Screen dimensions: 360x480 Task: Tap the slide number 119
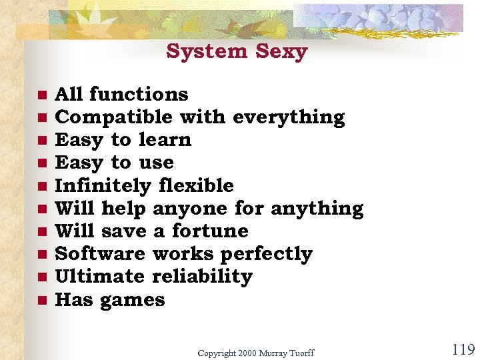click(x=463, y=349)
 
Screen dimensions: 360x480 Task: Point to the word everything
click(x=289, y=117)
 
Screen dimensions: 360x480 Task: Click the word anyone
click(x=190, y=209)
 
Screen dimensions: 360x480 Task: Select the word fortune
click(x=209, y=231)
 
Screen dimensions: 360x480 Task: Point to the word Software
click(x=99, y=254)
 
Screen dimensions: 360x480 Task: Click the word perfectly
click(x=266, y=254)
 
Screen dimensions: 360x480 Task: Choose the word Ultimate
click(x=99, y=277)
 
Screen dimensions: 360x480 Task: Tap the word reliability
click(x=203, y=277)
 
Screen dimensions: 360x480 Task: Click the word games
click(x=133, y=300)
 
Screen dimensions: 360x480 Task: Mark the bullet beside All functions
click(x=41, y=95)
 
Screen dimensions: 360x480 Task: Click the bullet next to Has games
click(x=41, y=301)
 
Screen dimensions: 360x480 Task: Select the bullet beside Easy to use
click(x=41, y=163)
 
